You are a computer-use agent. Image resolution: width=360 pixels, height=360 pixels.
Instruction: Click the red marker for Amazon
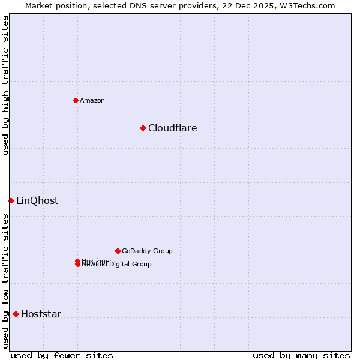point(76,100)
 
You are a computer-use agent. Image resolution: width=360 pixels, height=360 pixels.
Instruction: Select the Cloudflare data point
point(143,128)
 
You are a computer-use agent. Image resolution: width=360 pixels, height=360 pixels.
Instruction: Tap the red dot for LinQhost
point(11,200)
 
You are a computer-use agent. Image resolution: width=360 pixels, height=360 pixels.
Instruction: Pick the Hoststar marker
point(16,314)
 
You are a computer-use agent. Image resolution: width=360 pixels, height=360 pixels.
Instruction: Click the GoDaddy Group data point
point(118,251)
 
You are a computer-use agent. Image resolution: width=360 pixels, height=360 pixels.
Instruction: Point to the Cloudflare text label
point(172,128)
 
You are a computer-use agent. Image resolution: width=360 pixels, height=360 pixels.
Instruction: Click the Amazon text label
point(92,100)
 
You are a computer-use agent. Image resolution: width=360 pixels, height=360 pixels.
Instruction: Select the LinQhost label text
point(37,200)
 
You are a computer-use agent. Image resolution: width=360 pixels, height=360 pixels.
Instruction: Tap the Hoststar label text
point(41,314)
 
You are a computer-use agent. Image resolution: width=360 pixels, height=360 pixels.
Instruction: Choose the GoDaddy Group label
point(147,251)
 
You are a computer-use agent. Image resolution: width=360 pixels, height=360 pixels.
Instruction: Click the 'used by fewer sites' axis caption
point(62,355)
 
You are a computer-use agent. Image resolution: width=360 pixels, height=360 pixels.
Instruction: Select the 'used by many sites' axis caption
point(301,355)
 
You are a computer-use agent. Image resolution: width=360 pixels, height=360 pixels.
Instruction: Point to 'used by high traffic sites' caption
point(5,85)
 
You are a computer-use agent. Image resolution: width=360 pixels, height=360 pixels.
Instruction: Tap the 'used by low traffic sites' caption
point(5,281)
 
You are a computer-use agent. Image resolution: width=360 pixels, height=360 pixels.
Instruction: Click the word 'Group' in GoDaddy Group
point(162,251)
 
